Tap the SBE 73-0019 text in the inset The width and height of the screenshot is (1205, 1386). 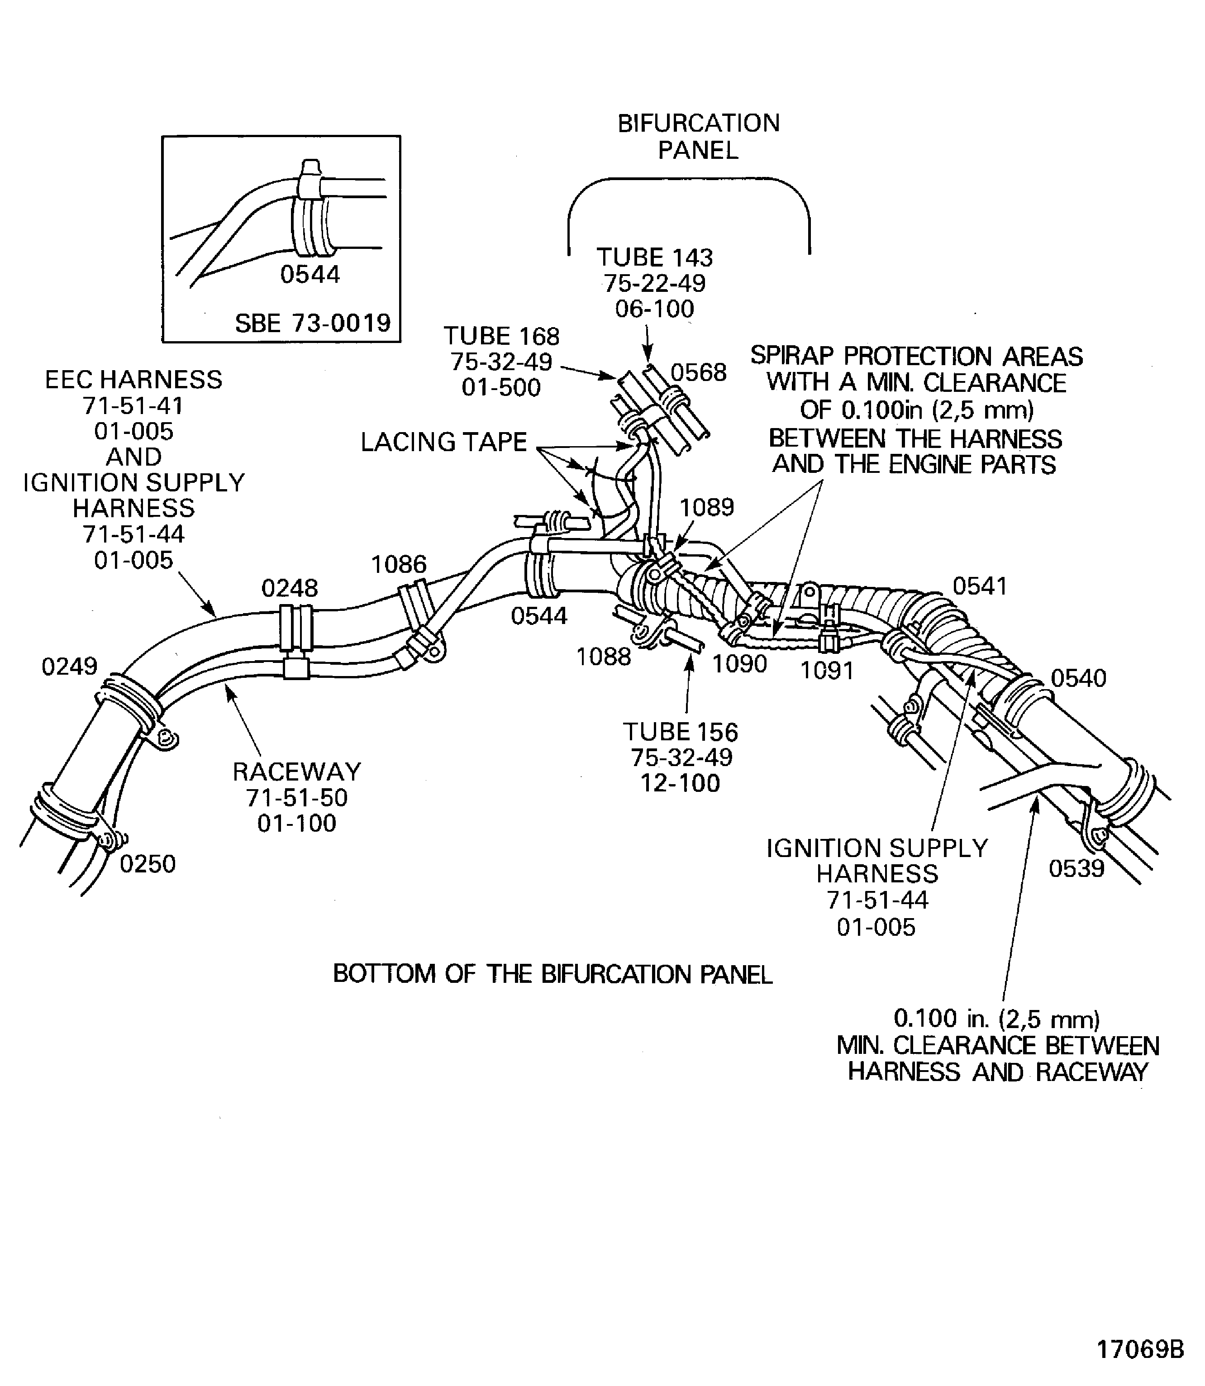click(313, 324)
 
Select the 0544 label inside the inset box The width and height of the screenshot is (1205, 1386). click(310, 274)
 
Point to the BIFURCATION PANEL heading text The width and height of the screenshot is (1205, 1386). click(699, 137)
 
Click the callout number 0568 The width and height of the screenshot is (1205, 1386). click(699, 372)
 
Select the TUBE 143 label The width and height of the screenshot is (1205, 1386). click(654, 257)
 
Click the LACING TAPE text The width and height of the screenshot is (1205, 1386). click(444, 442)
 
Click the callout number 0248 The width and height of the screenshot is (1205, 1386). click(290, 588)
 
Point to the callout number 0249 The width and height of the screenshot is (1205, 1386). click(69, 667)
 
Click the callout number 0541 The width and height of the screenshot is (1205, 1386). click(980, 586)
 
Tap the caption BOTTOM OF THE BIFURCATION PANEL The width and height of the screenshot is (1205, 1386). click(553, 974)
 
